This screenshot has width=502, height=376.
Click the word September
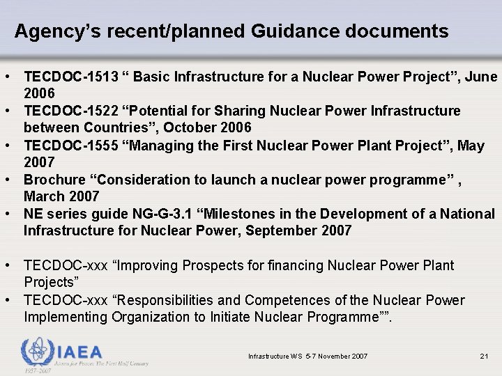(280, 231)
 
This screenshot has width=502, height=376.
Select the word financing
(292, 265)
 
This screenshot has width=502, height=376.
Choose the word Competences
(307, 300)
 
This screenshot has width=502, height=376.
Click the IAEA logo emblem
(36, 352)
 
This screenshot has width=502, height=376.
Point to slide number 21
(484, 357)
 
